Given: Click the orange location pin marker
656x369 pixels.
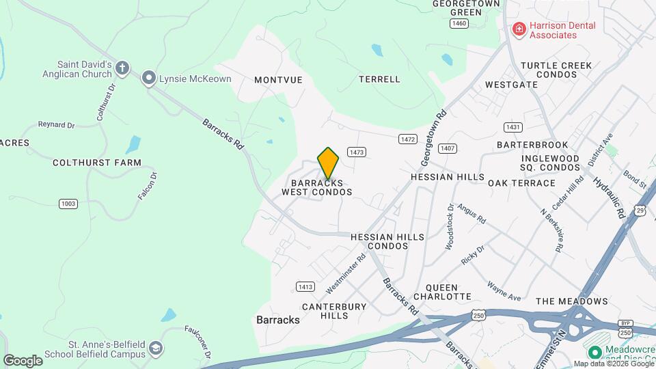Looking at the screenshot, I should (329, 163).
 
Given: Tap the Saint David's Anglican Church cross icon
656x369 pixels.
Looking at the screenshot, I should (122, 68).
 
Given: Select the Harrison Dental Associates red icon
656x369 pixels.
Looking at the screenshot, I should (519, 29).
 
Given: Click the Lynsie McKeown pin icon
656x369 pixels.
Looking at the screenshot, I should (148, 79).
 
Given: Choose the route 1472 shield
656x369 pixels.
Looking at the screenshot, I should (408, 139).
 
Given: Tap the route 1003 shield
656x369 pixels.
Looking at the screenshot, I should (68, 204).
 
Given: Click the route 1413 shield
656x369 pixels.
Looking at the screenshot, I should (305, 286).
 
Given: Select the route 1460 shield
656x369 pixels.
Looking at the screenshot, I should (459, 24).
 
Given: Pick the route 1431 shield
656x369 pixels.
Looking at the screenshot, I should (513, 128).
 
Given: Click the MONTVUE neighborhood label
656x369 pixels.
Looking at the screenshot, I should (278, 80).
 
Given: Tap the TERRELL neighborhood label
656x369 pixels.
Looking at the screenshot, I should (379, 79).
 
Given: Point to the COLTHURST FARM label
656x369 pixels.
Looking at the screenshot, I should (97, 163).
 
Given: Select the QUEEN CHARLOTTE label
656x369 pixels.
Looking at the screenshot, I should (448, 292).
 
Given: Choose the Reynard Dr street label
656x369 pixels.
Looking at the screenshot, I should (56, 125).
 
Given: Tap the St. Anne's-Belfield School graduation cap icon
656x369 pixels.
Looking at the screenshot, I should (156, 349).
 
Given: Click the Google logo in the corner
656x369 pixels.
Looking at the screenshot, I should (23, 360).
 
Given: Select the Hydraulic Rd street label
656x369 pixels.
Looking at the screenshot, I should (610, 197).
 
